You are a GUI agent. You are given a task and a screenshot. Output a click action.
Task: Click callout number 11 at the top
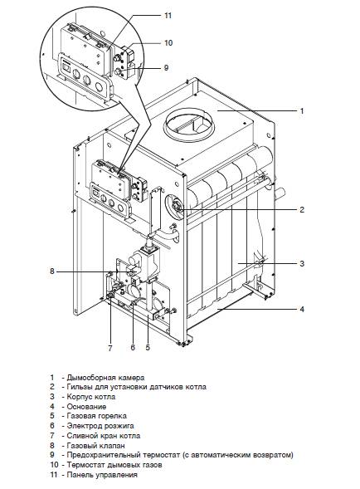(x=168, y=15)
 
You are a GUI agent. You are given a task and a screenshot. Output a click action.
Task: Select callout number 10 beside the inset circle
(x=168, y=42)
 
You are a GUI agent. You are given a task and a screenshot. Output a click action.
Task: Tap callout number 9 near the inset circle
(x=166, y=68)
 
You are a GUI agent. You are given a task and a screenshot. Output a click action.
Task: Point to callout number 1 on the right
(x=302, y=110)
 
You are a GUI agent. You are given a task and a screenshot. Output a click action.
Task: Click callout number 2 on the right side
(x=302, y=209)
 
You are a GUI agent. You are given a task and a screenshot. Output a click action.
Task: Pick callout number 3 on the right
(x=302, y=263)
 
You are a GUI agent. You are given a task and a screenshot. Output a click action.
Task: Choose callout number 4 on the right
(x=302, y=310)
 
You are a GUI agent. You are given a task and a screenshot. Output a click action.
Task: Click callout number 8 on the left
(x=52, y=271)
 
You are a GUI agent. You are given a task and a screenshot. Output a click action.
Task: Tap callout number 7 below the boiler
(x=110, y=348)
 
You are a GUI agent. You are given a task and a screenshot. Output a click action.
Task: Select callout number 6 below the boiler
(x=133, y=347)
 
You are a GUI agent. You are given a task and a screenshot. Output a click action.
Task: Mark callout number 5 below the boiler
(x=148, y=347)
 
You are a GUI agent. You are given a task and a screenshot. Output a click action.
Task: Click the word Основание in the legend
(x=86, y=407)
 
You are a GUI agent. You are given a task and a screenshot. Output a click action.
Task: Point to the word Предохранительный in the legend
(x=104, y=455)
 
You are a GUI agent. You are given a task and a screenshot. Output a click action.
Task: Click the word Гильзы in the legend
(x=79, y=387)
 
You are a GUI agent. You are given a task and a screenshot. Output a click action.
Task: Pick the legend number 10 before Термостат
(x=54, y=465)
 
